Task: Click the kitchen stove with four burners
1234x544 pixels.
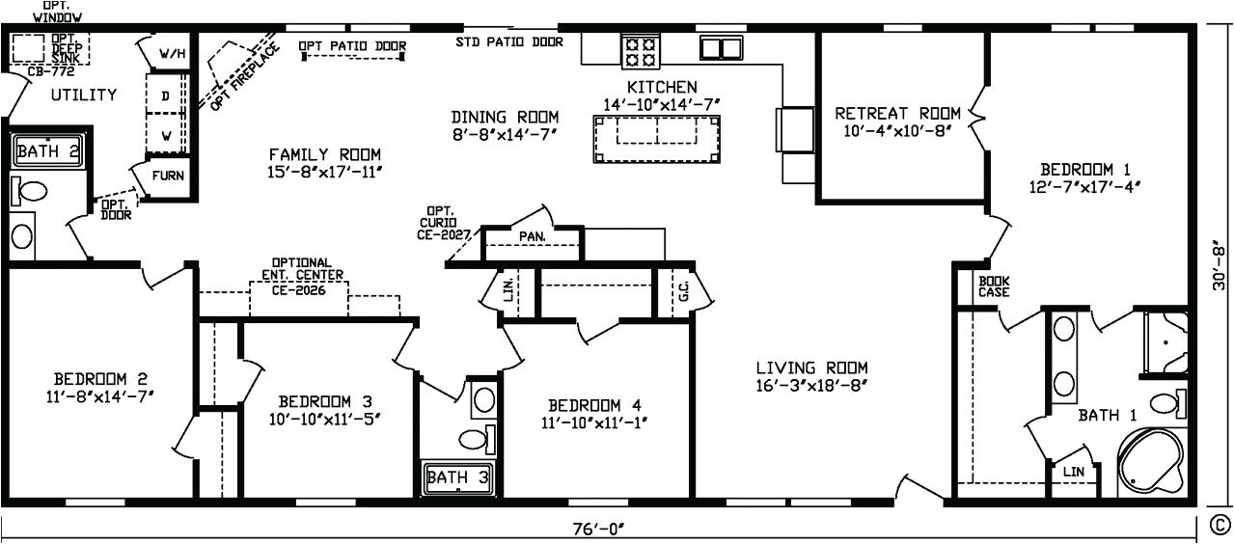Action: (639, 50)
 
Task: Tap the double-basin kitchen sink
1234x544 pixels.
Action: (720, 47)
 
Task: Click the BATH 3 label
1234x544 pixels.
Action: (456, 477)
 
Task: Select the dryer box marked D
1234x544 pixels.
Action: (166, 96)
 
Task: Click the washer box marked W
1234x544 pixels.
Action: (166, 135)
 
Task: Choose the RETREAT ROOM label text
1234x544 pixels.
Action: (897, 113)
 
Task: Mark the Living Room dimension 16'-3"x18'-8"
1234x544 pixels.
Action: (811, 386)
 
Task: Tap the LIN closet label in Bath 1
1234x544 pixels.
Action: (1073, 472)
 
